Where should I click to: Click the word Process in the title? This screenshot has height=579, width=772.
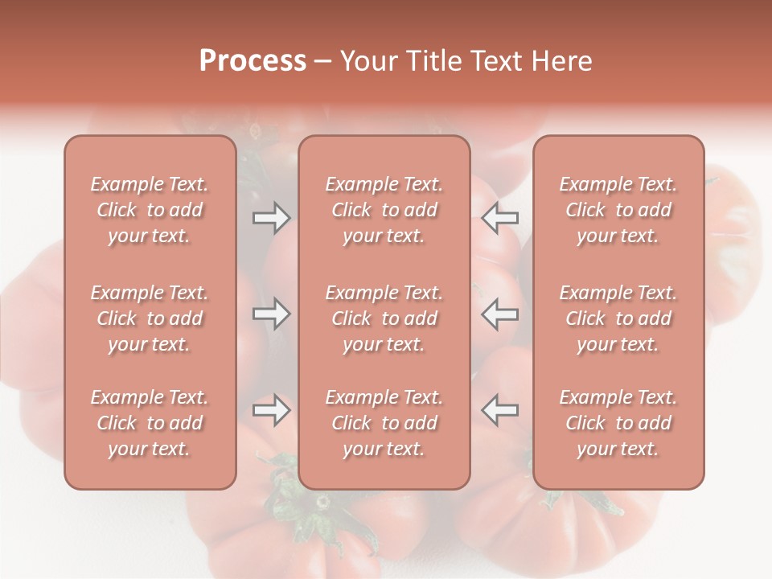253,61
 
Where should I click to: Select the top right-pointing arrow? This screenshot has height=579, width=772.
272,218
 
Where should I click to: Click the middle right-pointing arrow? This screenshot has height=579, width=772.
272,314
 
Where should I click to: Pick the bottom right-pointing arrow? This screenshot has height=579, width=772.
272,410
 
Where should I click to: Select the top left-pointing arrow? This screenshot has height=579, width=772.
500,218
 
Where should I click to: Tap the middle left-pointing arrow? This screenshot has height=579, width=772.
500,314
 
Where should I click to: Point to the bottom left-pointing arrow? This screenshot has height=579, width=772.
500,410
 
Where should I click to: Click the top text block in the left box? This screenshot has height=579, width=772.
150,210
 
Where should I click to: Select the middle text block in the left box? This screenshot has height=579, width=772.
150,318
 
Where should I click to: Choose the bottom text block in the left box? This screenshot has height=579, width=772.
150,423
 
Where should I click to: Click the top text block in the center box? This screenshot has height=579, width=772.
384,210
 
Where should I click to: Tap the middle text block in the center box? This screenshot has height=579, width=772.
384,318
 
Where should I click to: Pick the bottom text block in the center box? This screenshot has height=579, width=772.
384,423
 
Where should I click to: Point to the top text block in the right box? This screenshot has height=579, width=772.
618,210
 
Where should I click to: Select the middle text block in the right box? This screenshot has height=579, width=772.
618,318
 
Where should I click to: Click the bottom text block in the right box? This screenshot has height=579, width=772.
618,423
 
